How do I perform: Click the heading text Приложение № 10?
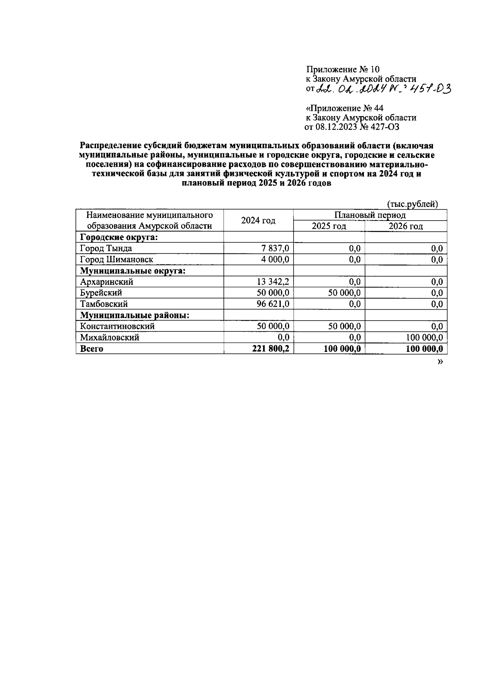tap(342, 69)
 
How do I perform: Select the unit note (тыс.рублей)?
tap(412, 204)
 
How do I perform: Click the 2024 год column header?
tap(258, 221)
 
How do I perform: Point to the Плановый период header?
tap(370, 215)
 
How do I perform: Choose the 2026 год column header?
tap(405, 226)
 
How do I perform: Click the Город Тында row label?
tap(106, 248)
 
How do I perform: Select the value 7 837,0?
tap(276, 248)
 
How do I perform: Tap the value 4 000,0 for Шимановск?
tap(275, 259)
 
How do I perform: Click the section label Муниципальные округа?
tap(133, 271)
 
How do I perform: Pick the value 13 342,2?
tap(273, 282)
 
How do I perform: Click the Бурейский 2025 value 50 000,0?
tap(344, 293)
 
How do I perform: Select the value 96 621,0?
tap(273, 304)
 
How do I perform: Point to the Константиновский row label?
tap(117, 326)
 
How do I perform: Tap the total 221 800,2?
tap(271, 349)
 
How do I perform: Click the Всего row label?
tap(92, 349)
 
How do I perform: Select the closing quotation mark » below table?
tap(440, 362)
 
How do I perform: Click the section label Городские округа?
tap(119, 237)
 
